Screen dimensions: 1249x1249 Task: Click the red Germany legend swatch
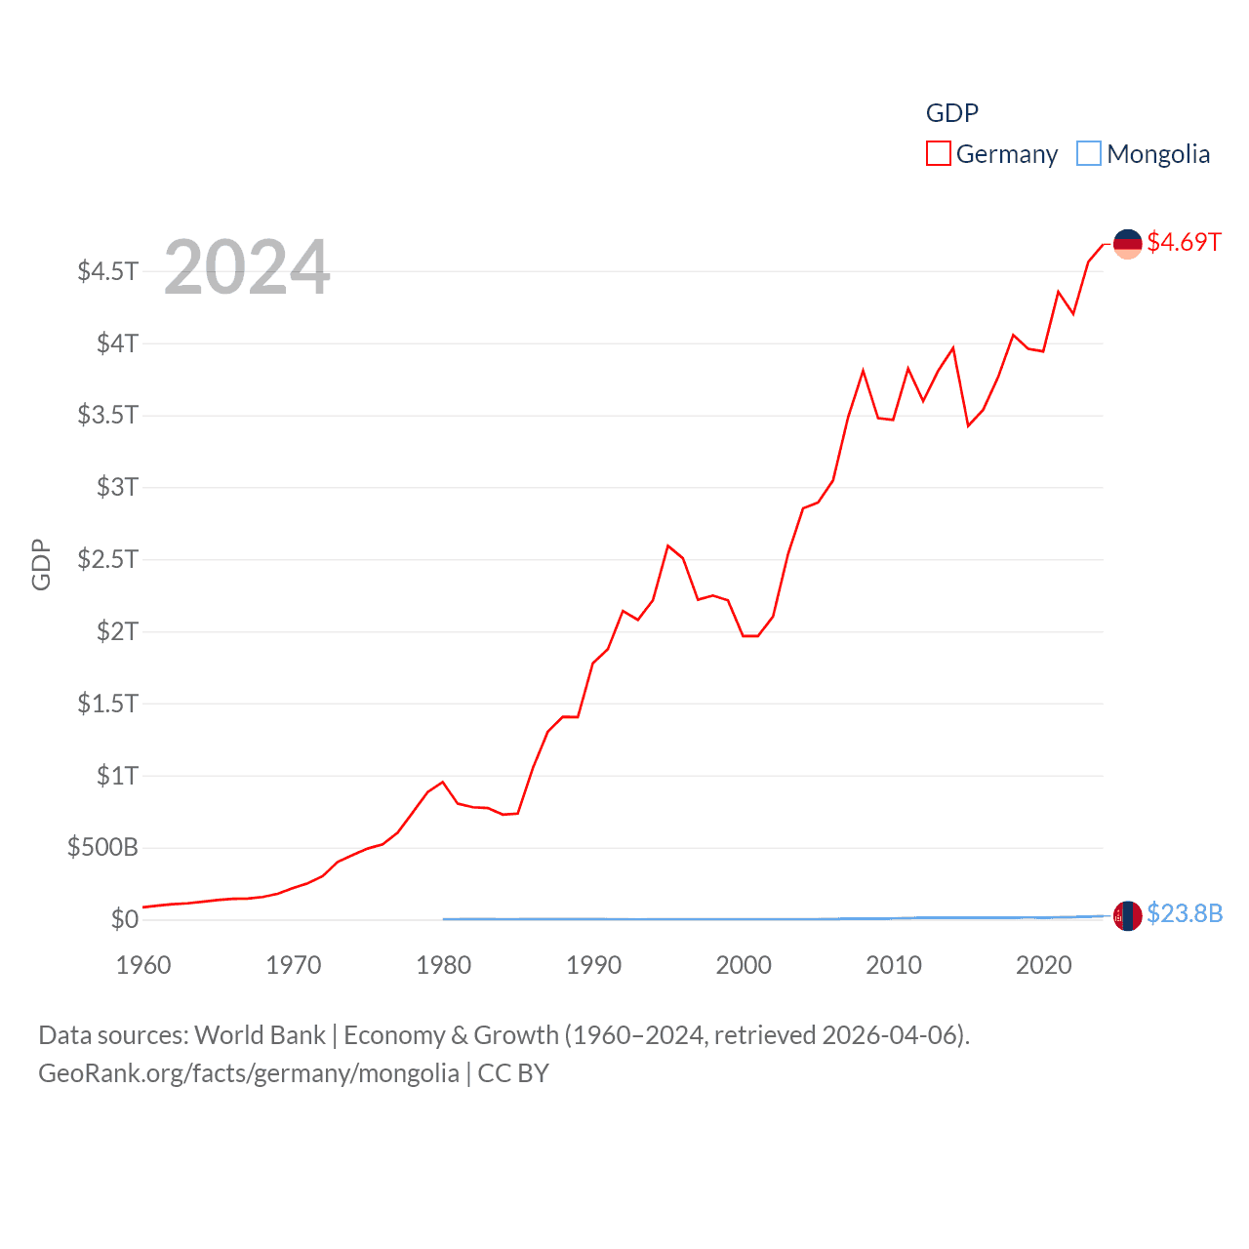coord(938,154)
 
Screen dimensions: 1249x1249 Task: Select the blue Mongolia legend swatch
coord(1089,154)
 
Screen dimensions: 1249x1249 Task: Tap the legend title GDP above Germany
coord(951,113)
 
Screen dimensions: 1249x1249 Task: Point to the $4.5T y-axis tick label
coord(107,270)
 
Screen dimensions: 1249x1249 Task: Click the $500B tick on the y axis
coord(102,847)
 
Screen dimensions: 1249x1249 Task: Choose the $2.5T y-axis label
coord(107,559)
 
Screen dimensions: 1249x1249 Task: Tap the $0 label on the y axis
coord(124,919)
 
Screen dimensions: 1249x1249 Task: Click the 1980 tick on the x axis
coord(443,965)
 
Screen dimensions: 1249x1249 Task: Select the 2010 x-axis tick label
coord(893,965)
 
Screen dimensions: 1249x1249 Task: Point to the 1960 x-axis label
coord(143,965)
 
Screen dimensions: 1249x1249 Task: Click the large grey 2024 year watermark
coord(247,267)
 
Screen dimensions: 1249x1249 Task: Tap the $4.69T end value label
coord(1184,242)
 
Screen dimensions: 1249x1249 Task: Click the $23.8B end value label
coord(1185,913)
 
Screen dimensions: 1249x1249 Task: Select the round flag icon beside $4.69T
coord(1127,244)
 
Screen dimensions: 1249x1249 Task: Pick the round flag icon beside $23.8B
coord(1127,915)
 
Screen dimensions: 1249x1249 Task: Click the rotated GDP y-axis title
coord(41,564)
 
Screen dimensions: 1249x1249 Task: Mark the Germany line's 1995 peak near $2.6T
coord(668,545)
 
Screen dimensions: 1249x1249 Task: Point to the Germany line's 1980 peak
coord(443,782)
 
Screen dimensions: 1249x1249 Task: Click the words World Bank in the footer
coord(260,1034)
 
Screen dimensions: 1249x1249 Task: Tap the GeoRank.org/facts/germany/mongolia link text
coord(249,1073)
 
